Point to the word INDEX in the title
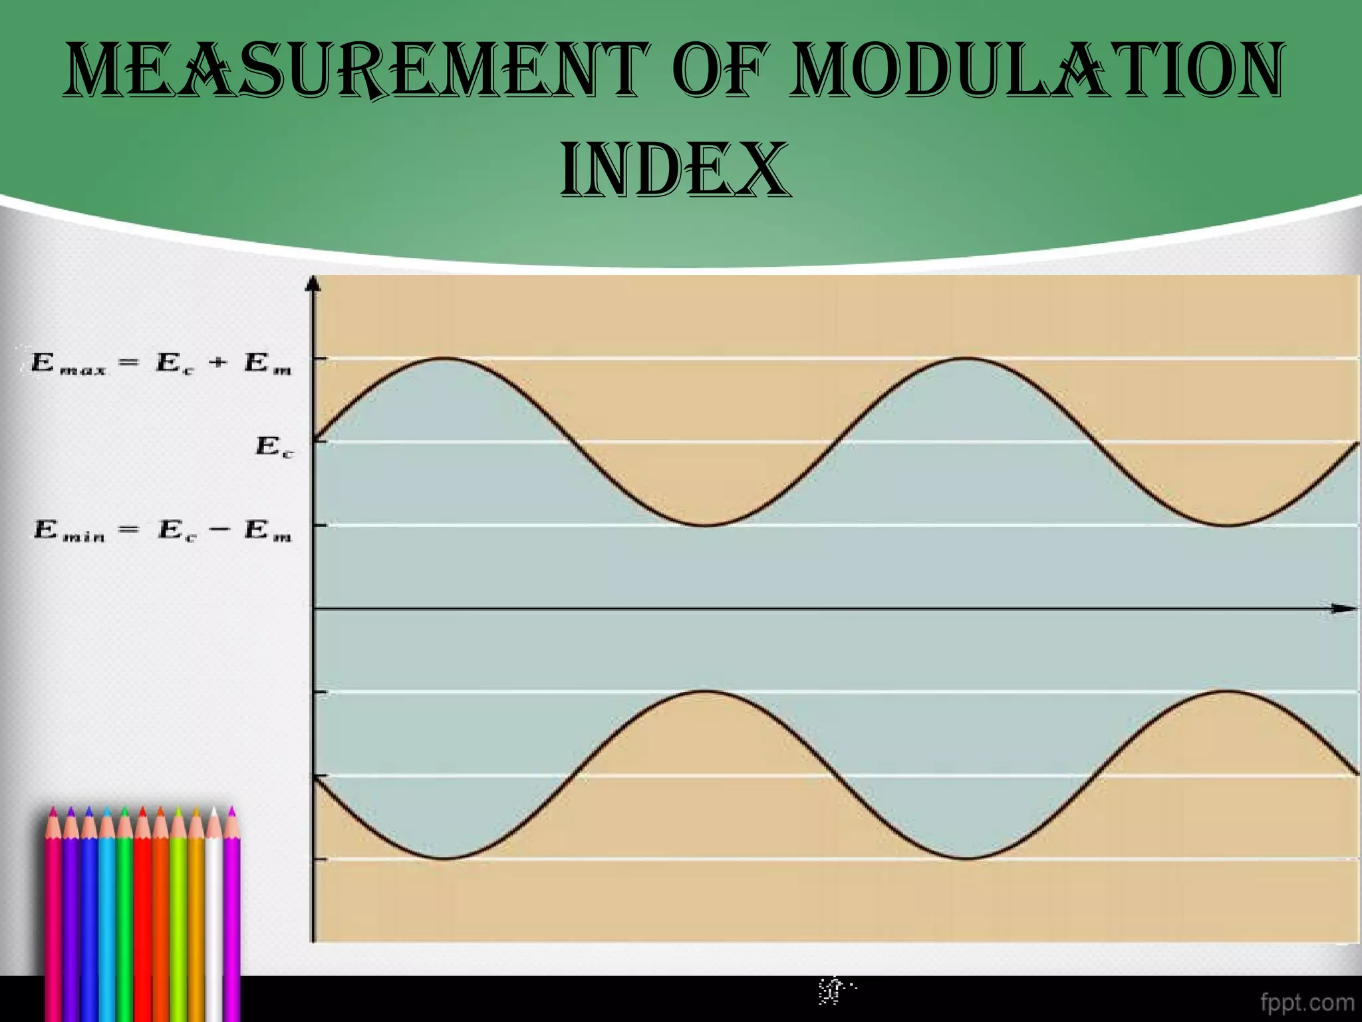tap(676, 170)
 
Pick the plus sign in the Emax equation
tap(217, 363)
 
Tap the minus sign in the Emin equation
tap(221, 530)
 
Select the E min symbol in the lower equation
tap(69, 531)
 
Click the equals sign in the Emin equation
tap(129, 530)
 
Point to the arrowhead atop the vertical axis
tap(313, 284)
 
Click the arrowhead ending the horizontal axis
tap(1345, 608)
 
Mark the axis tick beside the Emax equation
tap(320, 359)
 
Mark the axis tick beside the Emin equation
tap(320, 526)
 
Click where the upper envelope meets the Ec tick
tap(315, 440)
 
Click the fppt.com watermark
tap(1307, 1001)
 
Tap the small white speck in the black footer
tap(835, 991)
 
